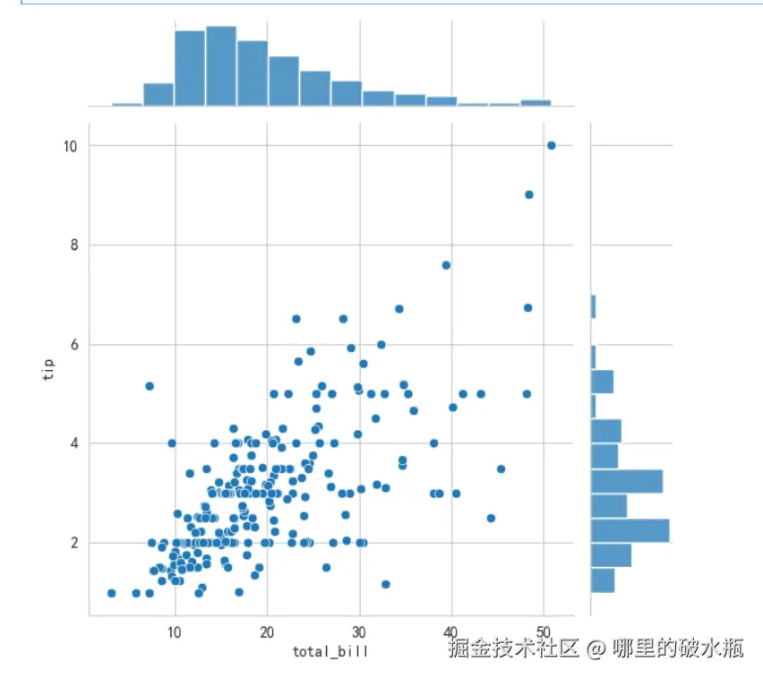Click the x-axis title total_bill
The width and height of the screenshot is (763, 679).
coord(330,651)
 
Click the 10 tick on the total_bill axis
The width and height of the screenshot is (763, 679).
coord(175,632)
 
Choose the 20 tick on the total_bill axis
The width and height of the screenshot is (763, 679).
coord(267,632)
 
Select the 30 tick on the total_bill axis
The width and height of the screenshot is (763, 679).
coord(359,632)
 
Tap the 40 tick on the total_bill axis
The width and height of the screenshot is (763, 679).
coord(451,632)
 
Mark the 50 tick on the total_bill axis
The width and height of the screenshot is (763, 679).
coord(544,632)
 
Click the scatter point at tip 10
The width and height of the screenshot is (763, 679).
coord(551,145)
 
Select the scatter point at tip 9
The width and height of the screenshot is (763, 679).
coord(528,194)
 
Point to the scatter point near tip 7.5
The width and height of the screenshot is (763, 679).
coord(446,264)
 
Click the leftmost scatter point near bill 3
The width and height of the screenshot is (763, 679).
coord(111,593)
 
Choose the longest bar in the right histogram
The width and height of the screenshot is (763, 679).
coord(630,530)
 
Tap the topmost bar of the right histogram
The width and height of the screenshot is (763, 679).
coord(594,306)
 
